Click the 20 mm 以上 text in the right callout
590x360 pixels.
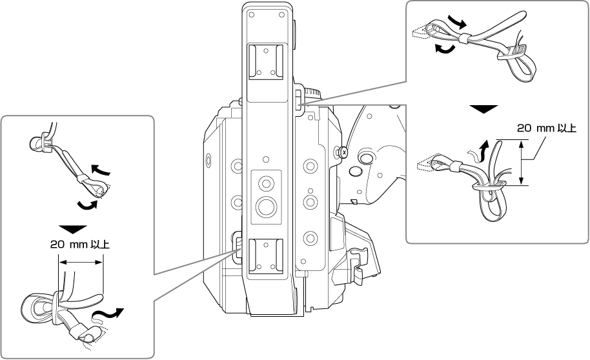click(x=547, y=128)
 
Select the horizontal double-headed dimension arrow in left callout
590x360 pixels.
click(x=81, y=262)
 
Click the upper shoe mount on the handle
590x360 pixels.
click(x=267, y=61)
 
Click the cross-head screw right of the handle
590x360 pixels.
click(x=343, y=152)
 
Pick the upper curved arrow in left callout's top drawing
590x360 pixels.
click(x=101, y=171)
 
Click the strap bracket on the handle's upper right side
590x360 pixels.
click(x=300, y=97)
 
